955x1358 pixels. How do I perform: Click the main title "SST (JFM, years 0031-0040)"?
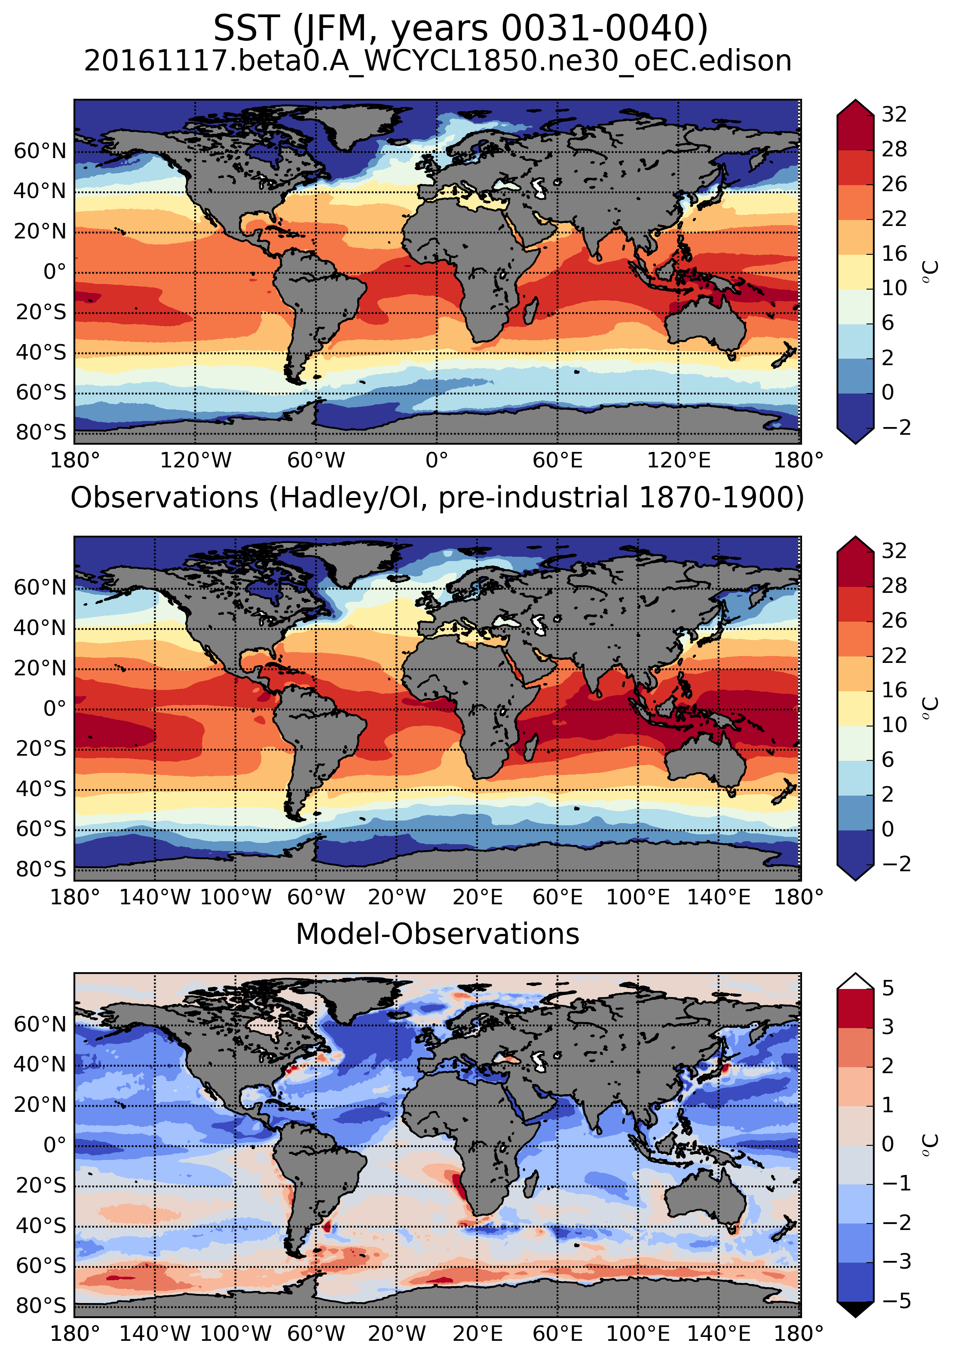click(x=460, y=28)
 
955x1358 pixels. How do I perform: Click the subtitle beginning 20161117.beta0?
click(x=438, y=61)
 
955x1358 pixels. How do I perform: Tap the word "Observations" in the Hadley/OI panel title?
click(x=165, y=498)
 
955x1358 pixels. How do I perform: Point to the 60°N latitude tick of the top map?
click(x=40, y=151)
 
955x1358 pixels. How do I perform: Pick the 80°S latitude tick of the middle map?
click(x=40, y=869)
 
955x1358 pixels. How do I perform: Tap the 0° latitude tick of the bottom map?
click(x=55, y=1145)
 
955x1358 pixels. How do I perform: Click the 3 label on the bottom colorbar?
click(x=888, y=1027)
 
